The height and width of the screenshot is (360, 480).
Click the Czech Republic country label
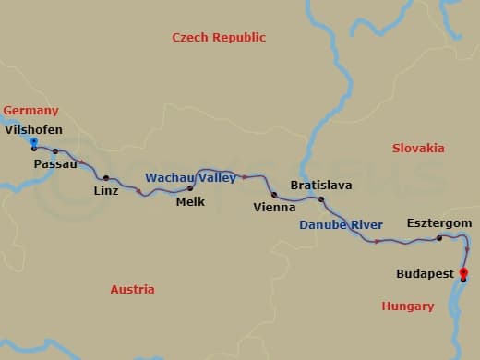[x=219, y=38]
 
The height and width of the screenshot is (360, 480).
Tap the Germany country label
[x=30, y=111]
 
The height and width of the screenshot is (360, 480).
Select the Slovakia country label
[x=418, y=149]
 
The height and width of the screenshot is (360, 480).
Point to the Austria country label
[x=132, y=290]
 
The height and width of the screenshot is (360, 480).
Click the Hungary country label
[x=407, y=306]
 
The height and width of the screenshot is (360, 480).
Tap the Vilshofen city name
[x=34, y=130]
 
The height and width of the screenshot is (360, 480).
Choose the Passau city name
[x=54, y=164]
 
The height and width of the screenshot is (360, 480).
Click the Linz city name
[x=106, y=191]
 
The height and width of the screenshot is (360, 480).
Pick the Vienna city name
[x=274, y=208]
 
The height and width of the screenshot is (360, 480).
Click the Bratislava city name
[x=320, y=186]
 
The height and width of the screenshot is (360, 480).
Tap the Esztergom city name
[x=439, y=224]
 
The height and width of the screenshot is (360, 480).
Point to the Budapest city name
[x=425, y=274]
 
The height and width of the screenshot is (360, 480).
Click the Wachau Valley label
[x=190, y=177]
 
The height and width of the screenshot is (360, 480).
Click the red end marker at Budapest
[x=463, y=272]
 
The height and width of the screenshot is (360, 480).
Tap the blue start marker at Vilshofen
[x=34, y=141]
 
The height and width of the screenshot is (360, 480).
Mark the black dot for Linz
[x=106, y=178]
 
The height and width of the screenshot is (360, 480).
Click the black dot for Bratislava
[x=321, y=199]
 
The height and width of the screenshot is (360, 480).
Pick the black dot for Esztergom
[x=439, y=238]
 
